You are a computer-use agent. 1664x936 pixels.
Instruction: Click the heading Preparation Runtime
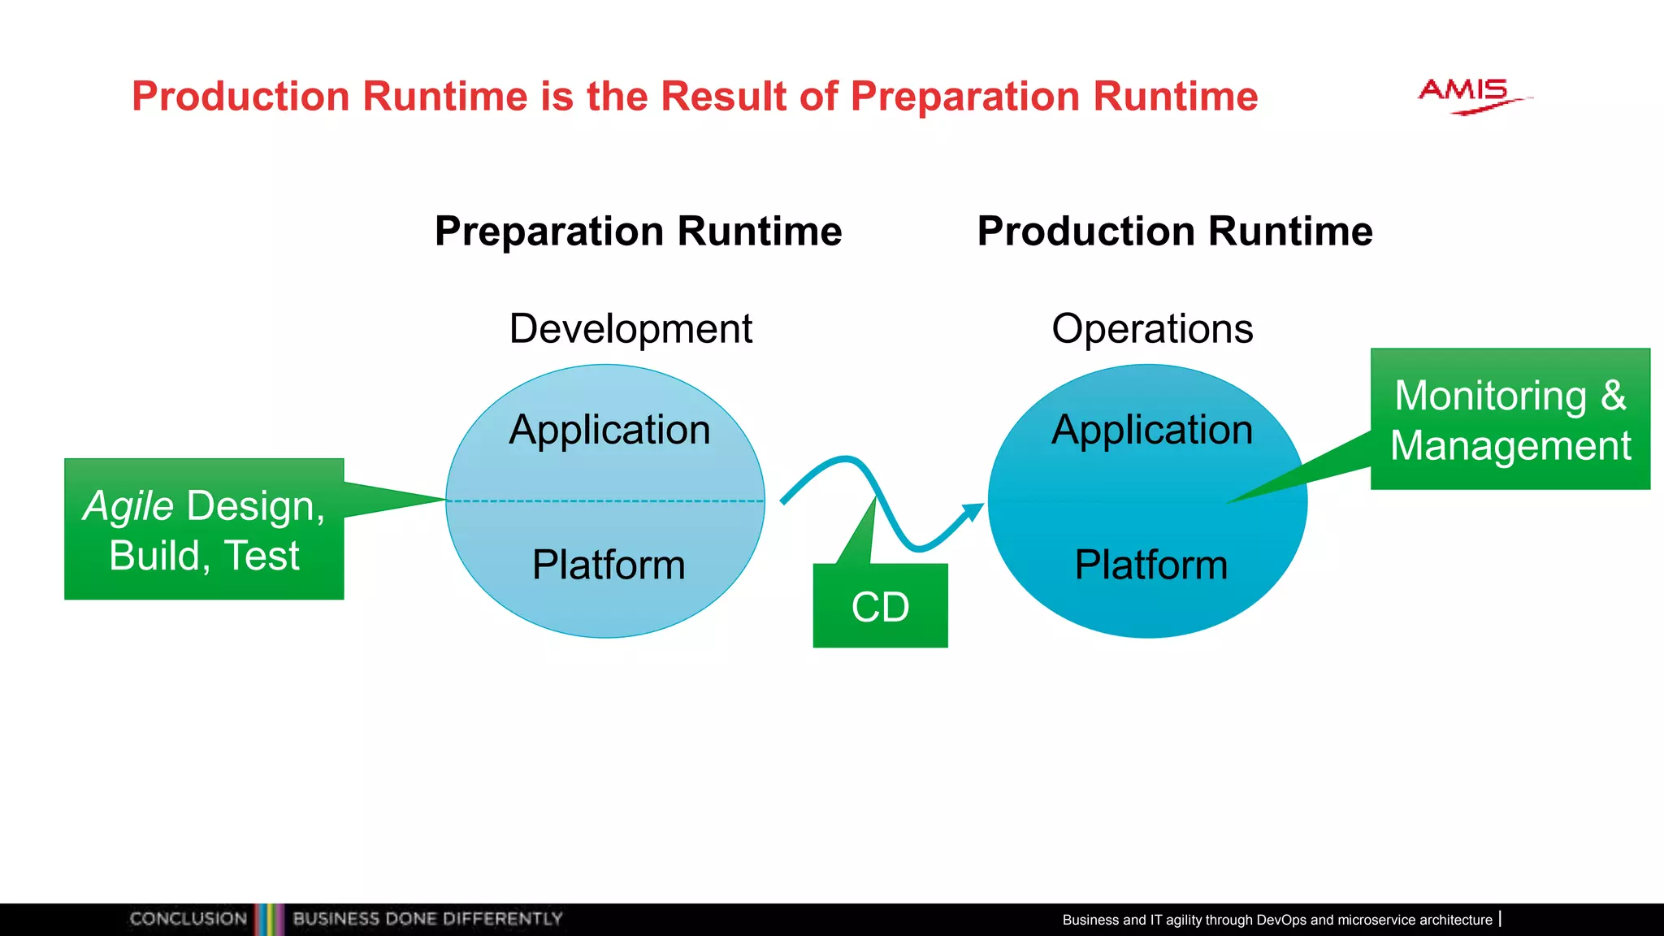pos(638,231)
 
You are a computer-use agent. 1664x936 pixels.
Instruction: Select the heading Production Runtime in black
pos(1174,231)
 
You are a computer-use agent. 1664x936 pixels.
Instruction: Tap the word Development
pos(630,329)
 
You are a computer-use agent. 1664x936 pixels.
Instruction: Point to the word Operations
pos(1152,329)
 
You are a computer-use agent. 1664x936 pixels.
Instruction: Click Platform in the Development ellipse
pos(609,565)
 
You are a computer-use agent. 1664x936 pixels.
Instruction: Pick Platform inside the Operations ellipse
pos(1150,565)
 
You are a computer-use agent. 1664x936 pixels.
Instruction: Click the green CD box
pos(880,606)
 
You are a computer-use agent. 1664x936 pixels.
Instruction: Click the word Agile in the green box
pos(128,506)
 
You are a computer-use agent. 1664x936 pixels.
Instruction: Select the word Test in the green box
pos(261,556)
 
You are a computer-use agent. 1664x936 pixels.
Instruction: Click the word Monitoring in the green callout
pos(1490,396)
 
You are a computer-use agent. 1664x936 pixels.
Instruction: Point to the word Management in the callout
pos(1510,445)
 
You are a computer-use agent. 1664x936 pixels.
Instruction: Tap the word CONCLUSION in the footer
pos(188,919)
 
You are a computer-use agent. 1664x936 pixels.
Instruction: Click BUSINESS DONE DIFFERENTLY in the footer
pos(427,919)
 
